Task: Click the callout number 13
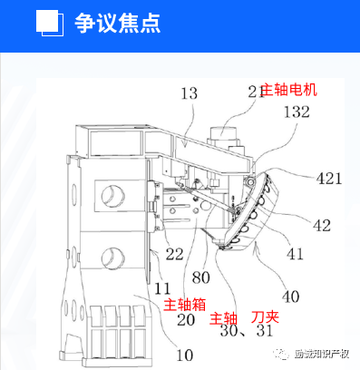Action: pos(189,92)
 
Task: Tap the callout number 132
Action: pos(297,112)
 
